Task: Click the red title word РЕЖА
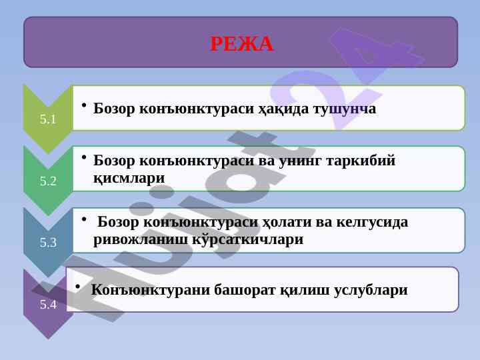(241, 44)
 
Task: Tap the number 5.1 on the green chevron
(48, 119)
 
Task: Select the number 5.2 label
(48, 181)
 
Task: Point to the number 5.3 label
(48, 243)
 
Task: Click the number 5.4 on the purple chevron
(48, 304)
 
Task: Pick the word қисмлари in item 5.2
(129, 178)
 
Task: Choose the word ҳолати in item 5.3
(286, 222)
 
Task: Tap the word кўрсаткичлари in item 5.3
(248, 239)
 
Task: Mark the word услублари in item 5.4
(371, 290)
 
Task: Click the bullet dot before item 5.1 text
(84, 105)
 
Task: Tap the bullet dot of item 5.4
(78, 287)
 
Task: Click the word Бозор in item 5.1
(113, 109)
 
